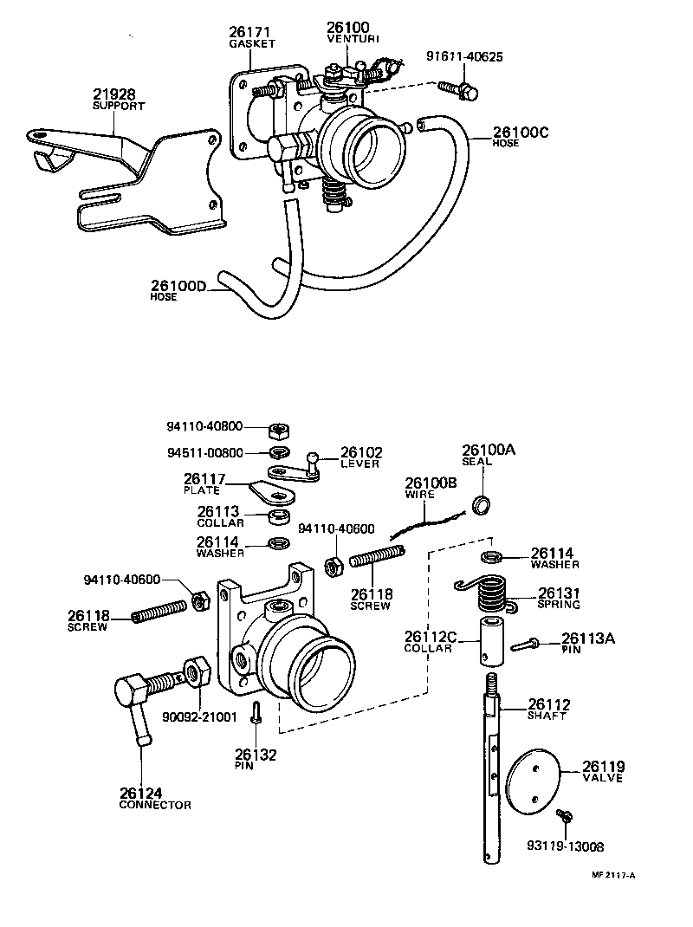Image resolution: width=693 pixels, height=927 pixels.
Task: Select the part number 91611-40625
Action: [x=464, y=57]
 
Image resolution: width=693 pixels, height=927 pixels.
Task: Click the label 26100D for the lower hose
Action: [x=178, y=286]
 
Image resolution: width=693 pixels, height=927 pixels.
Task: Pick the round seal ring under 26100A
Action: [x=481, y=504]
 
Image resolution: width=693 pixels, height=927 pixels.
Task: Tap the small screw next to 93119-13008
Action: [x=566, y=816]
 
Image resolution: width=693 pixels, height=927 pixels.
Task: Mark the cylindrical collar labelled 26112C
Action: [x=492, y=642]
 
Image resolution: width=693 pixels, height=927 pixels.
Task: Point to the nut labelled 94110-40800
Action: [x=279, y=428]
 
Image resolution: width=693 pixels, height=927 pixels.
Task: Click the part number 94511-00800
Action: [x=205, y=452]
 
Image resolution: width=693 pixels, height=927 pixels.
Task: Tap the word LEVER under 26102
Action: [x=359, y=464]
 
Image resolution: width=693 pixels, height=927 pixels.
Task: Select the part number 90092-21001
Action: [x=198, y=718]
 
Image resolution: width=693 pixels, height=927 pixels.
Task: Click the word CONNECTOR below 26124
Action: [x=155, y=805]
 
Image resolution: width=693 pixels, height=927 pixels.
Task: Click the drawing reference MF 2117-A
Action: [x=613, y=875]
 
